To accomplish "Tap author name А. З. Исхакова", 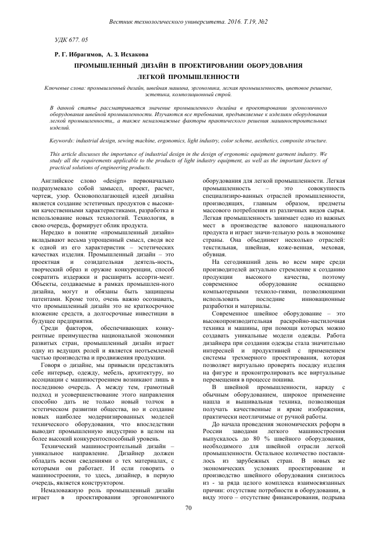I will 128,54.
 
